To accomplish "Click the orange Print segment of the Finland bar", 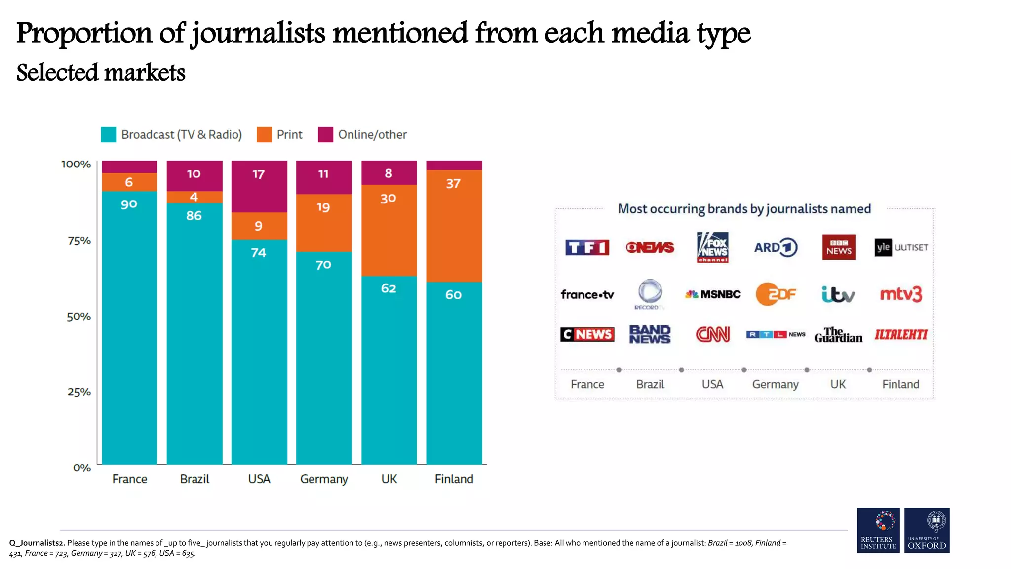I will coord(454,226).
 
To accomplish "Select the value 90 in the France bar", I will coord(129,204).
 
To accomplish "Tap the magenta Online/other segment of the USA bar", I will coord(259,186).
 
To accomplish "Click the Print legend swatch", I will coord(264,135).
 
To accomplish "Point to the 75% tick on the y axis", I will coord(79,241).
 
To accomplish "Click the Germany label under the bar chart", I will coord(324,479).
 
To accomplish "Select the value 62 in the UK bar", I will coord(389,288).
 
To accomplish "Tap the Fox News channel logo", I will coord(712,247).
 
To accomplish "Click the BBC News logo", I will coord(838,247).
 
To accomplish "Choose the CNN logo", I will coord(712,334).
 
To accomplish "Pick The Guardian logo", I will coord(838,335).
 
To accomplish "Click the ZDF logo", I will coord(776,294).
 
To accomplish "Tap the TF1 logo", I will coord(587,247).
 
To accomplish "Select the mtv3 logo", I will coord(900,294).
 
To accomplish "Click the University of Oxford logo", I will coord(927,530).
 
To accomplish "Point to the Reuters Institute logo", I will coord(878,530).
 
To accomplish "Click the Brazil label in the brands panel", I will coord(650,384).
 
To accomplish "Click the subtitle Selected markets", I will coord(101,73).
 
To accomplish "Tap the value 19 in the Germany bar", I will coord(323,207).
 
